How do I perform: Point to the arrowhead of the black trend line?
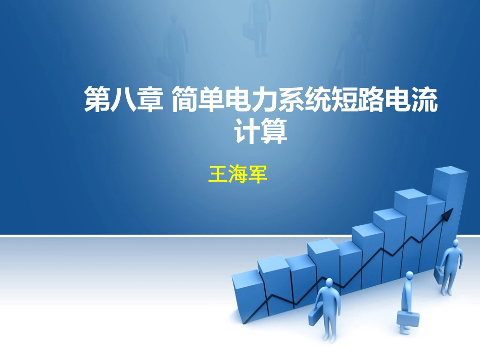point(448,215)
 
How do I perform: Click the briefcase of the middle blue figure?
point(408,319)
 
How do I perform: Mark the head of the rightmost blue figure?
point(456,243)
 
